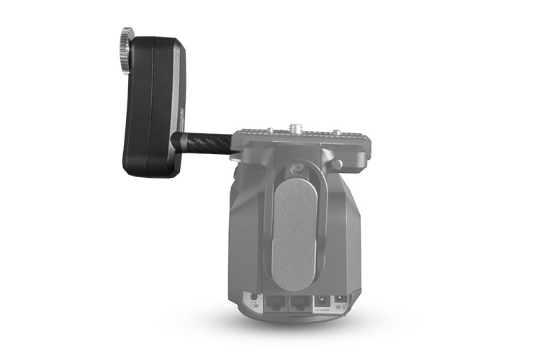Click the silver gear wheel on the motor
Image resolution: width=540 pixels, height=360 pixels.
(127, 50)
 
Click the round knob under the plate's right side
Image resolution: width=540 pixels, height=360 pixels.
(336, 164)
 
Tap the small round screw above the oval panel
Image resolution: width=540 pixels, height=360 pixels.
(295, 170)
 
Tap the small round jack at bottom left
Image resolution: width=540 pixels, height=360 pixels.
(253, 297)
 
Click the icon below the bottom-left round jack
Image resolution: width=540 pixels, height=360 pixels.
(253, 306)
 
